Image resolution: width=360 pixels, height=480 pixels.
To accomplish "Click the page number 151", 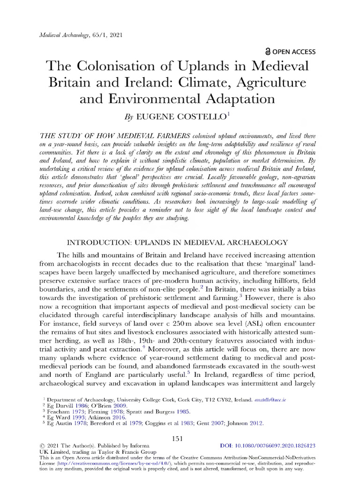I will click(180, 438).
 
